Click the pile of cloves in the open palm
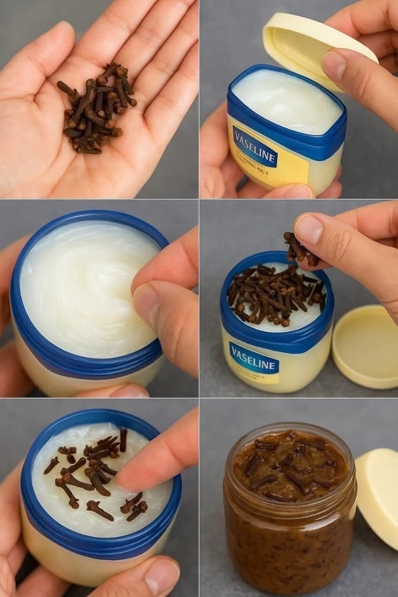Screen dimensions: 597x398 (96, 110)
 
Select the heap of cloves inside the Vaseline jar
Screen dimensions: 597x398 (275, 294)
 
